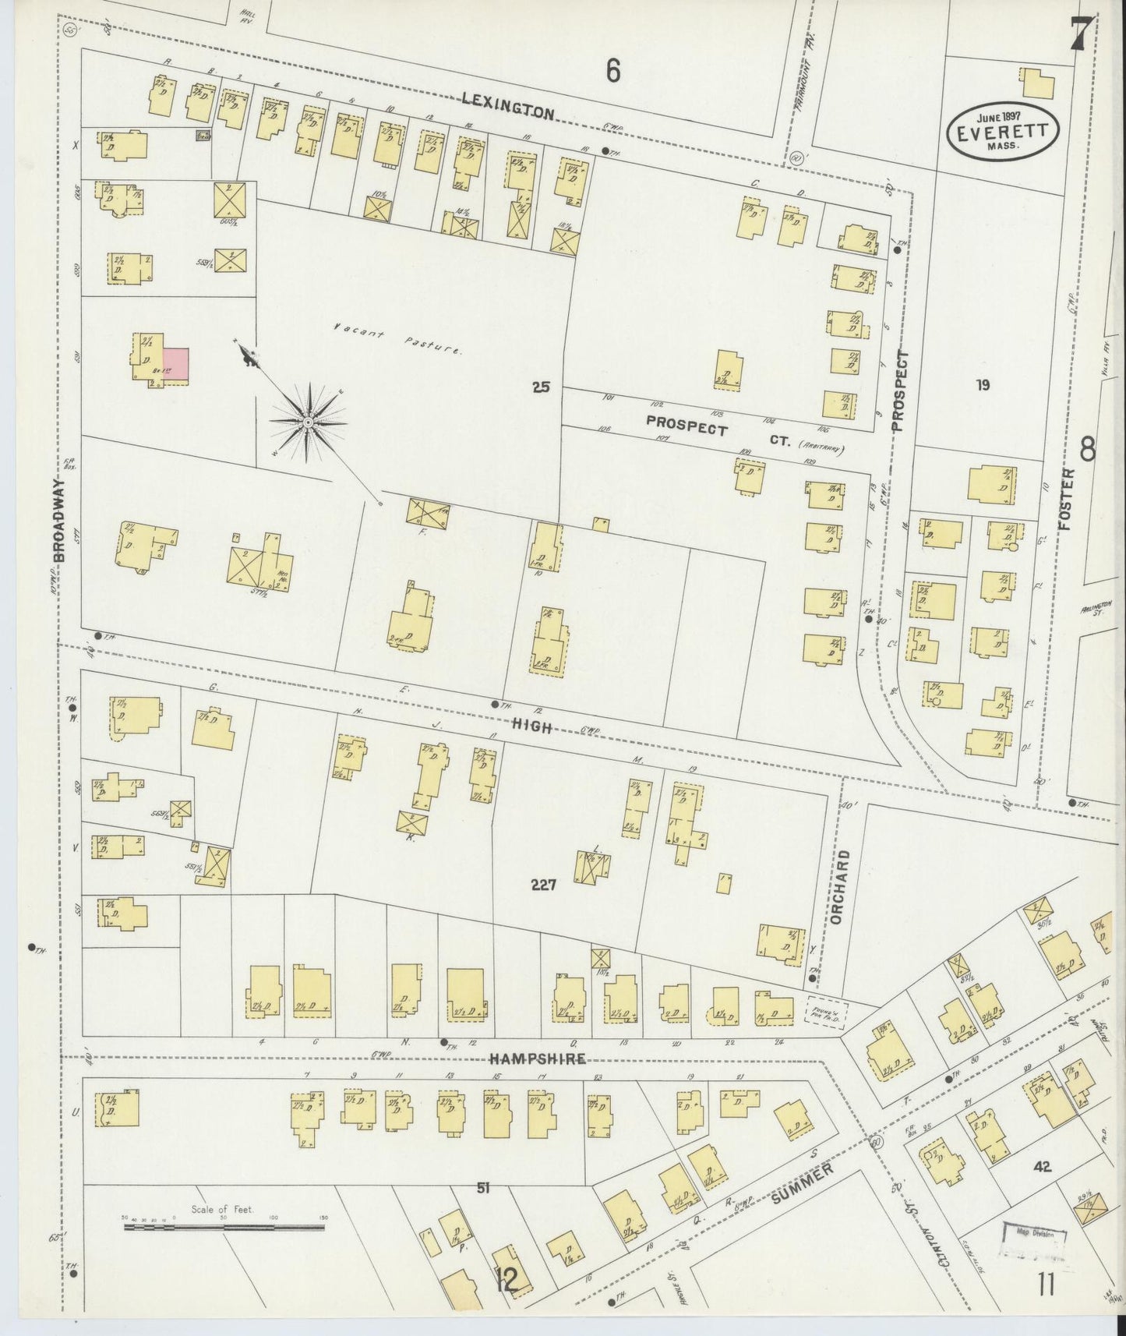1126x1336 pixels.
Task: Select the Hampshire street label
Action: coord(538,1058)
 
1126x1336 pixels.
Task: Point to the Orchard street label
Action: coord(836,887)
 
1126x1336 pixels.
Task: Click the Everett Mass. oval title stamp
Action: coord(1003,127)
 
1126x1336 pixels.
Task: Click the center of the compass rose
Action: coord(309,422)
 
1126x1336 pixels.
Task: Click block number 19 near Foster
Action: coord(983,384)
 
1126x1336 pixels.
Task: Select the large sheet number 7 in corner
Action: coord(1080,33)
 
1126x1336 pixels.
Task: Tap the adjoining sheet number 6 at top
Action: coord(613,72)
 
